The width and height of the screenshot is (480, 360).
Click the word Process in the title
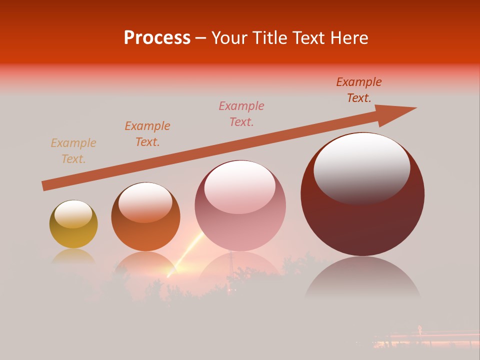[x=157, y=38]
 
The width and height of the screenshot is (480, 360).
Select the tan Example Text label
[x=73, y=151]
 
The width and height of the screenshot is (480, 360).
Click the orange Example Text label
[x=147, y=134]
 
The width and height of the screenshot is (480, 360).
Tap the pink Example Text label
[x=241, y=114]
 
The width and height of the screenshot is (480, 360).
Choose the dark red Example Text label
[x=359, y=90]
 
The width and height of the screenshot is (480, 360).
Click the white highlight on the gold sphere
[x=73, y=214]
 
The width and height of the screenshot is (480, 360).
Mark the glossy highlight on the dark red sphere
[x=361, y=167]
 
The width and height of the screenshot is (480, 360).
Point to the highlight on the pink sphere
[x=239, y=186]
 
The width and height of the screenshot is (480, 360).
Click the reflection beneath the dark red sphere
[x=362, y=277]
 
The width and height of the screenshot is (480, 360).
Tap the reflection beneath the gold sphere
[x=73, y=256]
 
